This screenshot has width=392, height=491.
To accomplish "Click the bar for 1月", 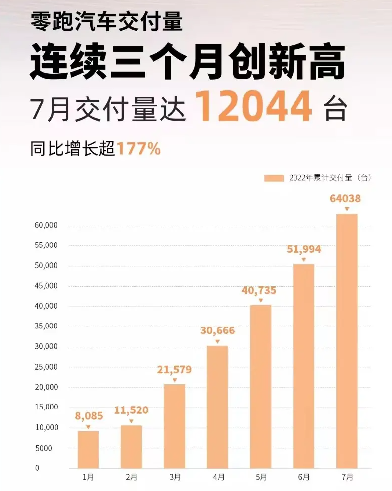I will tap(88, 449).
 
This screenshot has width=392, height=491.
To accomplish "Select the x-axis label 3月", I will tap(175, 477).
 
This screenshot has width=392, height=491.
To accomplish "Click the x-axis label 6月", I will tap(304, 477).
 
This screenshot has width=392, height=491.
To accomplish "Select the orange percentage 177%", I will tap(139, 148).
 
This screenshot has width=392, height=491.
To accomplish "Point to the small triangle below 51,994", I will tap(303, 260).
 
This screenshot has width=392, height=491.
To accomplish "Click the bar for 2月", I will tap(131, 446).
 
